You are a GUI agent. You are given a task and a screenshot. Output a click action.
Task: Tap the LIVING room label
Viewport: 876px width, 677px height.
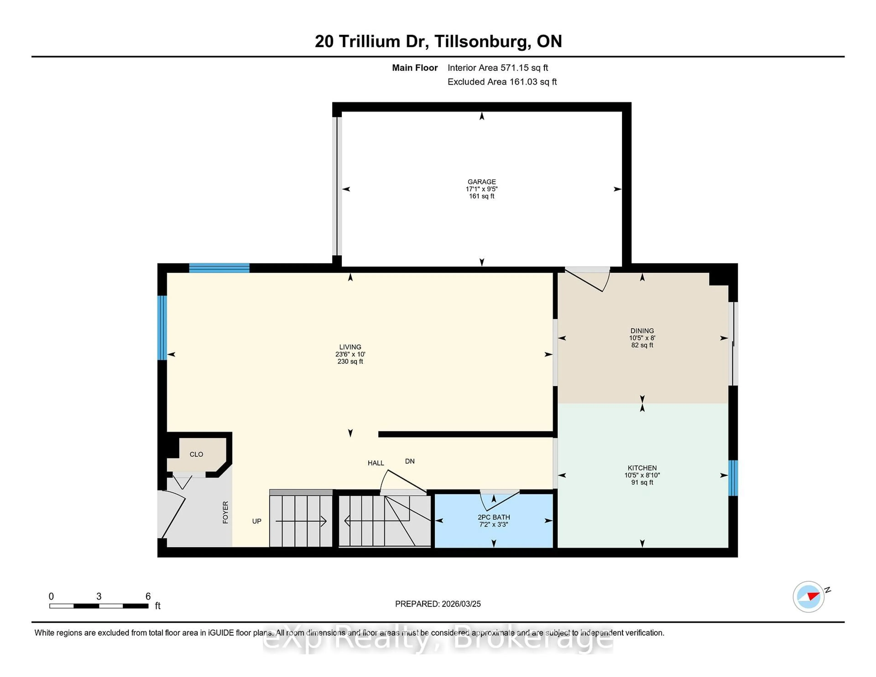point(350,347)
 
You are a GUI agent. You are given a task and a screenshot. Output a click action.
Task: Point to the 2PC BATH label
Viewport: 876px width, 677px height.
point(493,517)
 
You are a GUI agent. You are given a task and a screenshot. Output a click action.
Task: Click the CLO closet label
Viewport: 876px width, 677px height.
point(196,454)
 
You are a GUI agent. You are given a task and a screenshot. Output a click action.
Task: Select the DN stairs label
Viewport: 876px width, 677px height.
point(409,461)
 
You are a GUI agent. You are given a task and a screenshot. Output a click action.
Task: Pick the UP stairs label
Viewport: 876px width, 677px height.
point(257,521)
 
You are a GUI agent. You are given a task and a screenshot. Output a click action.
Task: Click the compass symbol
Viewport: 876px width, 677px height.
point(808,596)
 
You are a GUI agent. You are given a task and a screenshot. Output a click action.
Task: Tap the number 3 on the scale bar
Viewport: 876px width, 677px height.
point(99,596)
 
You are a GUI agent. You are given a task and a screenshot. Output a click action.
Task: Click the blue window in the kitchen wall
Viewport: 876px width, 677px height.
point(733,478)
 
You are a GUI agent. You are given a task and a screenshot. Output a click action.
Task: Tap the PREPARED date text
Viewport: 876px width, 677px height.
point(438,604)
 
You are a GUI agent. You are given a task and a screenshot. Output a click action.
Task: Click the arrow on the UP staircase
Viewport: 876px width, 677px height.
point(301,521)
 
